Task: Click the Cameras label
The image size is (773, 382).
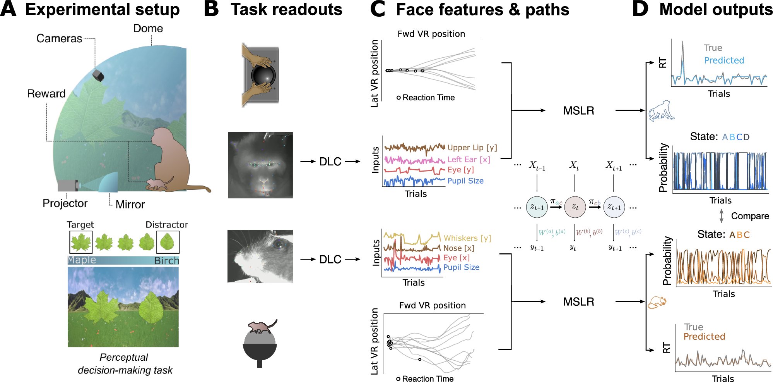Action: [x=59, y=38]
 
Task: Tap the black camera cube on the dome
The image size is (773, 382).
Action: [x=98, y=75]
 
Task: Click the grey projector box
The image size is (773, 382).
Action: [x=67, y=185]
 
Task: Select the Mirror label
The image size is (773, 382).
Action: [x=130, y=204]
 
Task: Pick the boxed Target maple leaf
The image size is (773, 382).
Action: [x=81, y=242]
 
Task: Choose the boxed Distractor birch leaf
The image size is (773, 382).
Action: [x=168, y=242]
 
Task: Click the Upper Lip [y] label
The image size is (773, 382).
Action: [x=472, y=148]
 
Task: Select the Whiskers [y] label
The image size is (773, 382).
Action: [x=467, y=238]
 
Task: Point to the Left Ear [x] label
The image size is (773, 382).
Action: [x=469, y=159]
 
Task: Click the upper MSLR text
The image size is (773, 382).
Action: [x=578, y=111]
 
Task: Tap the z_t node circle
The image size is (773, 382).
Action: [x=575, y=207]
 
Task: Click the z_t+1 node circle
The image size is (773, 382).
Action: [x=614, y=207]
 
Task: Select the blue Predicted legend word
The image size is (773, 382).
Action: [x=724, y=60]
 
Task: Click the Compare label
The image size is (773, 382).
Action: [x=750, y=216]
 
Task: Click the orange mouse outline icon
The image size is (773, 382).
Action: [x=657, y=302]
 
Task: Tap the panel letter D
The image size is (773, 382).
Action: [x=640, y=9]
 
